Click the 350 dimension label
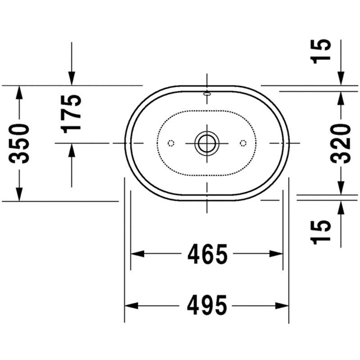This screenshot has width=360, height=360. click(x=19, y=144)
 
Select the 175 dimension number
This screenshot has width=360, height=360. click(x=71, y=114)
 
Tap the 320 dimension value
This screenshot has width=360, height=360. click(x=341, y=144)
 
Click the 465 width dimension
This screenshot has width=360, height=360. click(x=207, y=254)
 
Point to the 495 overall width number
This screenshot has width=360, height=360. click(x=207, y=306)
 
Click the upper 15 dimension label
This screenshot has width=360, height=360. click(x=321, y=51)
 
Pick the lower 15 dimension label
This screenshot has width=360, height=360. click(x=321, y=232)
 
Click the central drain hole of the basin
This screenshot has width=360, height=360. click(x=207, y=143)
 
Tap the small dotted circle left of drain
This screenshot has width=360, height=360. click(x=171, y=143)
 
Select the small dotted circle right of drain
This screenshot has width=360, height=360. click(x=243, y=143)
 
